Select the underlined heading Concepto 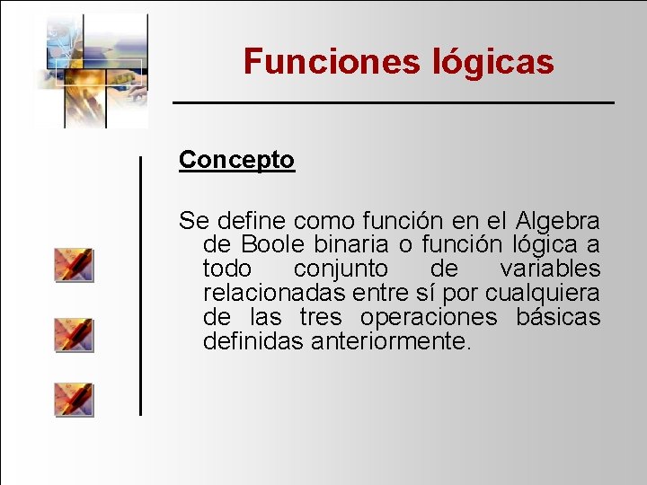(x=236, y=160)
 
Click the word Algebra (x=558, y=220)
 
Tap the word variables (x=550, y=269)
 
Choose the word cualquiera (x=543, y=293)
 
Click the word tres (x=320, y=317)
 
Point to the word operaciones (x=428, y=317)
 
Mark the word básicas (x=558, y=317)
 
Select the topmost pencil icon (x=73, y=265)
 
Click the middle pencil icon (x=73, y=333)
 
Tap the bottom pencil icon (x=73, y=399)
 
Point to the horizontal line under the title (x=393, y=103)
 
